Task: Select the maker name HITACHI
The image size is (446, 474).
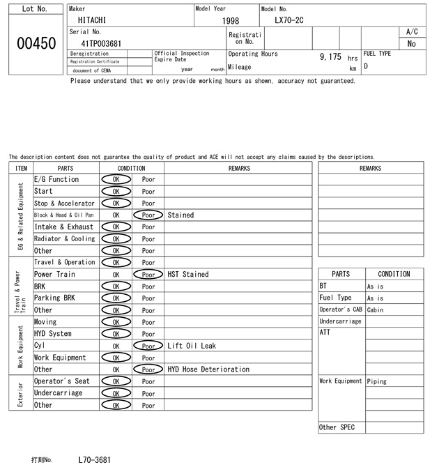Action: tap(92, 21)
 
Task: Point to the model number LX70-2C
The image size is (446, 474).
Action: tap(289, 21)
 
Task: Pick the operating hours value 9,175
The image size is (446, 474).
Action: tap(330, 56)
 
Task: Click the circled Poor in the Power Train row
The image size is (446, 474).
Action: tap(148, 275)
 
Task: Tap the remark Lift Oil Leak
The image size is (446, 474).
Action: tap(192, 346)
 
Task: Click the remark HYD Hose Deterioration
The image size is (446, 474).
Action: tap(208, 369)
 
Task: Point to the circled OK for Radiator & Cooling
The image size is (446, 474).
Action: tap(116, 239)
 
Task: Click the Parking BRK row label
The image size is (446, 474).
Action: tap(53, 298)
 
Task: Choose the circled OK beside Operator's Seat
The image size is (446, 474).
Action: tap(116, 381)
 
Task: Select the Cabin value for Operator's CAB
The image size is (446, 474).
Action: tap(376, 310)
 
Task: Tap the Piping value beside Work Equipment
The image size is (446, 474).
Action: tap(376, 381)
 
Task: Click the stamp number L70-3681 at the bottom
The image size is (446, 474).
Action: tap(94, 460)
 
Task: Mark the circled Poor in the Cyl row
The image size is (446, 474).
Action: tap(148, 346)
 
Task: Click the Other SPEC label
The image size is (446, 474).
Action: tap(337, 427)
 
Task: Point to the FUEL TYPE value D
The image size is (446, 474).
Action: tap(366, 67)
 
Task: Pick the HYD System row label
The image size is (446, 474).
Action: tap(53, 334)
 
